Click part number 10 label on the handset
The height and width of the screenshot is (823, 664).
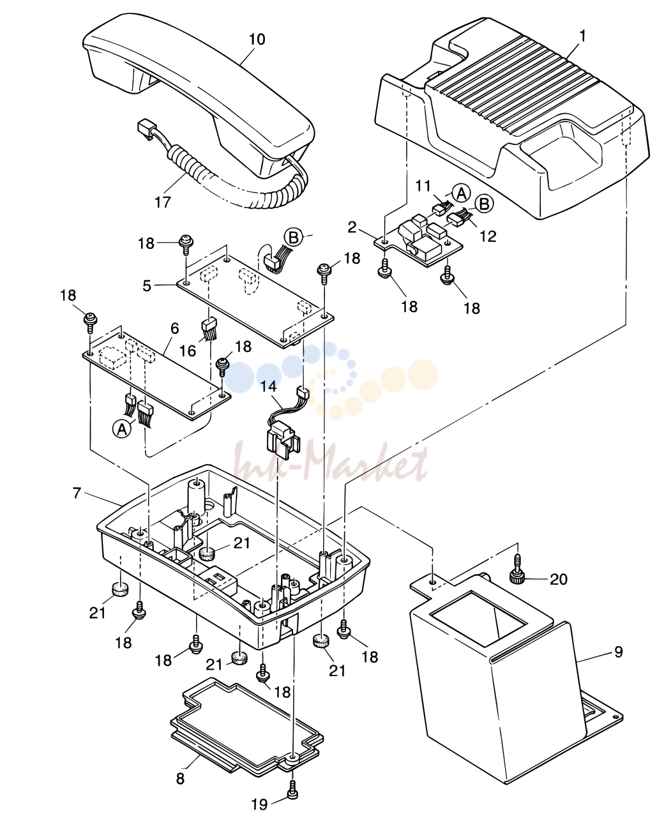[x=257, y=40]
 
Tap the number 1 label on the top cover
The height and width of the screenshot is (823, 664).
[x=582, y=36]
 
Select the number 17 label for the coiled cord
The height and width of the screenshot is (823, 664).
[x=163, y=202]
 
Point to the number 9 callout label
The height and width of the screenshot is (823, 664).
[x=619, y=652]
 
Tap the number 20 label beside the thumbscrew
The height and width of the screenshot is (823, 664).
[x=559, y=579]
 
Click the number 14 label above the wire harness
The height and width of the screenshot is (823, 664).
[x=269, y=386]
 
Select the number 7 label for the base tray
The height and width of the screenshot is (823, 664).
[x=77, y=494]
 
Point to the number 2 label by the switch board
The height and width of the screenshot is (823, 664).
[x=352, y=227]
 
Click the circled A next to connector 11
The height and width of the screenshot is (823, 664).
[x=462, y=193]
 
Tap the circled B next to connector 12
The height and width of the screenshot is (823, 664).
[x=484, y=204]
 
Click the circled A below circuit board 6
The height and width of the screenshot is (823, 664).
[x=122, y=429]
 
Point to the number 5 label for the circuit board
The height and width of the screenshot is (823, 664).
[x=147, y=285]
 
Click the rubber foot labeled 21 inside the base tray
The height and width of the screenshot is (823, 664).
[x=207, y=552]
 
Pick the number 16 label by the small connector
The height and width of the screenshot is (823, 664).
[x=188, y=351]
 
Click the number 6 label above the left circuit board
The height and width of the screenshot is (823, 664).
[x=174, y=328]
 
